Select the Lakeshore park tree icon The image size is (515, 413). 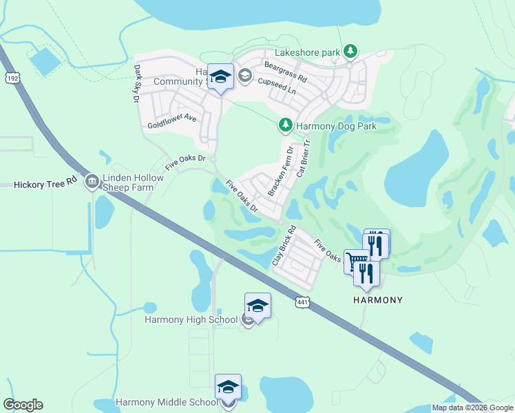[x=350, y=51]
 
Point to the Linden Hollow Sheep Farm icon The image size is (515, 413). [x=92, y=182]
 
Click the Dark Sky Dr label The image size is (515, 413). [x=137, y=84]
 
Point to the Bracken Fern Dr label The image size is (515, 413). [x=280, y=171]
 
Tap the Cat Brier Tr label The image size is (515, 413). [x=304, y=158]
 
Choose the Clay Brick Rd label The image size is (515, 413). [x=284, y=246]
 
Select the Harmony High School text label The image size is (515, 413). [x=191, y=319]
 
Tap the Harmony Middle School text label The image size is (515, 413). [x=167, y=402]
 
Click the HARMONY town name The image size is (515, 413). [x=377, y=301]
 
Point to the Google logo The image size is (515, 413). [x=23, y=405]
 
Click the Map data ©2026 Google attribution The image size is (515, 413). [x=472, y=407]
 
